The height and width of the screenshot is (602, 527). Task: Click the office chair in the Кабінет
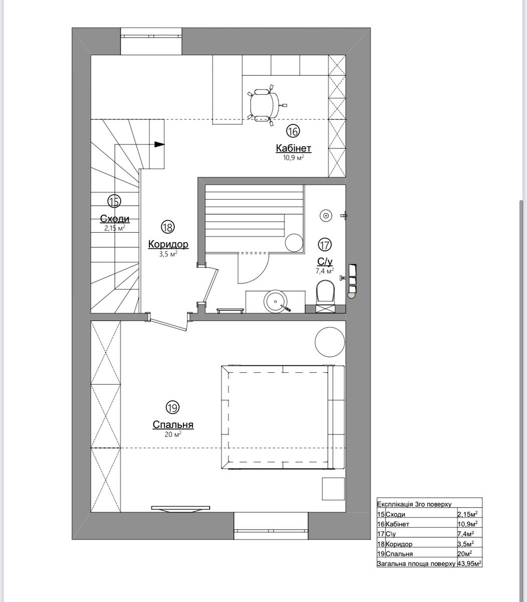click(267, 105)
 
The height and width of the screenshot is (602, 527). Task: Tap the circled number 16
click(293, 131)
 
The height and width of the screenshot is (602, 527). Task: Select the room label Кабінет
click(293, 148)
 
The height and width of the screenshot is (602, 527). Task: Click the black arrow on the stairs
click(159, 144)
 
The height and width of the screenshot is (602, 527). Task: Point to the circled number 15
click(114, 202)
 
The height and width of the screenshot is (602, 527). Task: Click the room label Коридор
click(168, 244)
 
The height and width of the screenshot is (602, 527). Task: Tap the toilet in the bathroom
click(325, 294)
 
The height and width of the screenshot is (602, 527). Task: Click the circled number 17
click(324, 245)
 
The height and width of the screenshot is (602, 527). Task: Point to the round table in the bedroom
click(329, 342)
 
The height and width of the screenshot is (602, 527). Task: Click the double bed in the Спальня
click(283, 417)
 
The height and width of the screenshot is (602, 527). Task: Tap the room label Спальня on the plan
click(173, 424)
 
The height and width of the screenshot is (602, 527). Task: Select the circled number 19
click(172, 407)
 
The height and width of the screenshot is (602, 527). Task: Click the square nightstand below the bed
click(333, 489)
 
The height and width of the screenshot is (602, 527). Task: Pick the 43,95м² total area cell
click(469, 563)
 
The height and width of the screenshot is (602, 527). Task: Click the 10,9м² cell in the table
click(469, 524)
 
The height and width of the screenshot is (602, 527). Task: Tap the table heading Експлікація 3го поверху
click(414, 504)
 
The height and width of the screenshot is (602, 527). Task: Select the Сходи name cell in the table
click(395, 514)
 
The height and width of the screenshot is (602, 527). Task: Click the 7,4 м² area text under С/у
click(324, 271)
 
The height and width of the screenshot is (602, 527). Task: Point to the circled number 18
click(167, 227)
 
